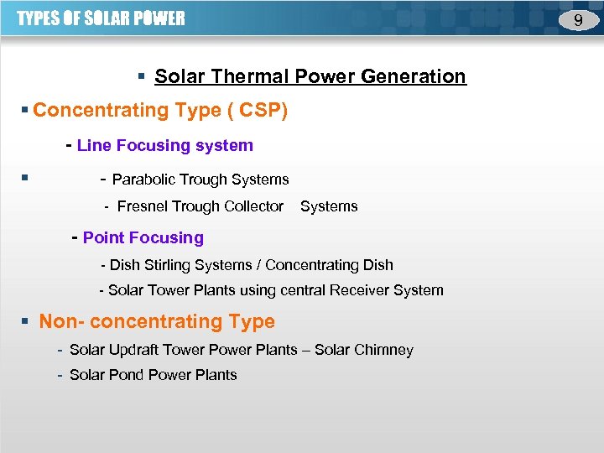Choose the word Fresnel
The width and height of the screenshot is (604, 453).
point(143,206)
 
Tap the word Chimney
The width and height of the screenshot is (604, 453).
point(384,350)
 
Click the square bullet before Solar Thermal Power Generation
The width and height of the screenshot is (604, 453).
point(143,77)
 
